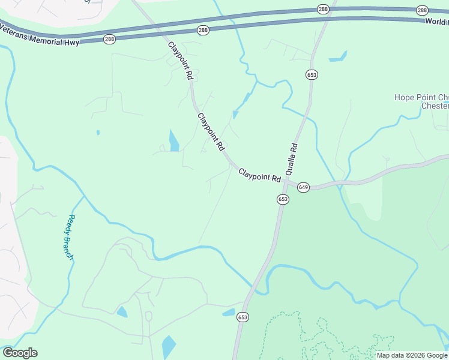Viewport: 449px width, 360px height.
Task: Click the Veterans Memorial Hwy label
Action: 38,34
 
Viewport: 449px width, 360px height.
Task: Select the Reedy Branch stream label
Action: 71,237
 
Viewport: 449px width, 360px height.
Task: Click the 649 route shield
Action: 303,187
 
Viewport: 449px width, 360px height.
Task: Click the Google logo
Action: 20,353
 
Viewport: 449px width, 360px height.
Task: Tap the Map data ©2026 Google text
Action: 412,355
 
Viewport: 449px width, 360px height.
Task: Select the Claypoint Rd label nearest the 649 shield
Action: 259,175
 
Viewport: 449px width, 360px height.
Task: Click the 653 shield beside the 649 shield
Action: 283,199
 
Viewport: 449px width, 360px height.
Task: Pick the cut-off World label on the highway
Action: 436,22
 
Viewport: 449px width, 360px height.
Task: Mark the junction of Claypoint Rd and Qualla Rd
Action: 288,181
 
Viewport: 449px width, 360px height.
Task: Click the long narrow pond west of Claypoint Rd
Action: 174,142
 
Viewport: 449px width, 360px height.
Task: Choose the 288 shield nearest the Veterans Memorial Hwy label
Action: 109,39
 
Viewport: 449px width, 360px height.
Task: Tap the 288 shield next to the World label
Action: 423,10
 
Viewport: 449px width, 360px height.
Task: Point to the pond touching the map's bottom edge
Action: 169,347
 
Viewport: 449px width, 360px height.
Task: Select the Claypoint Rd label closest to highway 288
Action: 180,61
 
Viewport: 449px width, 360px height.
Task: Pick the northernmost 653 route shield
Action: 312,75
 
